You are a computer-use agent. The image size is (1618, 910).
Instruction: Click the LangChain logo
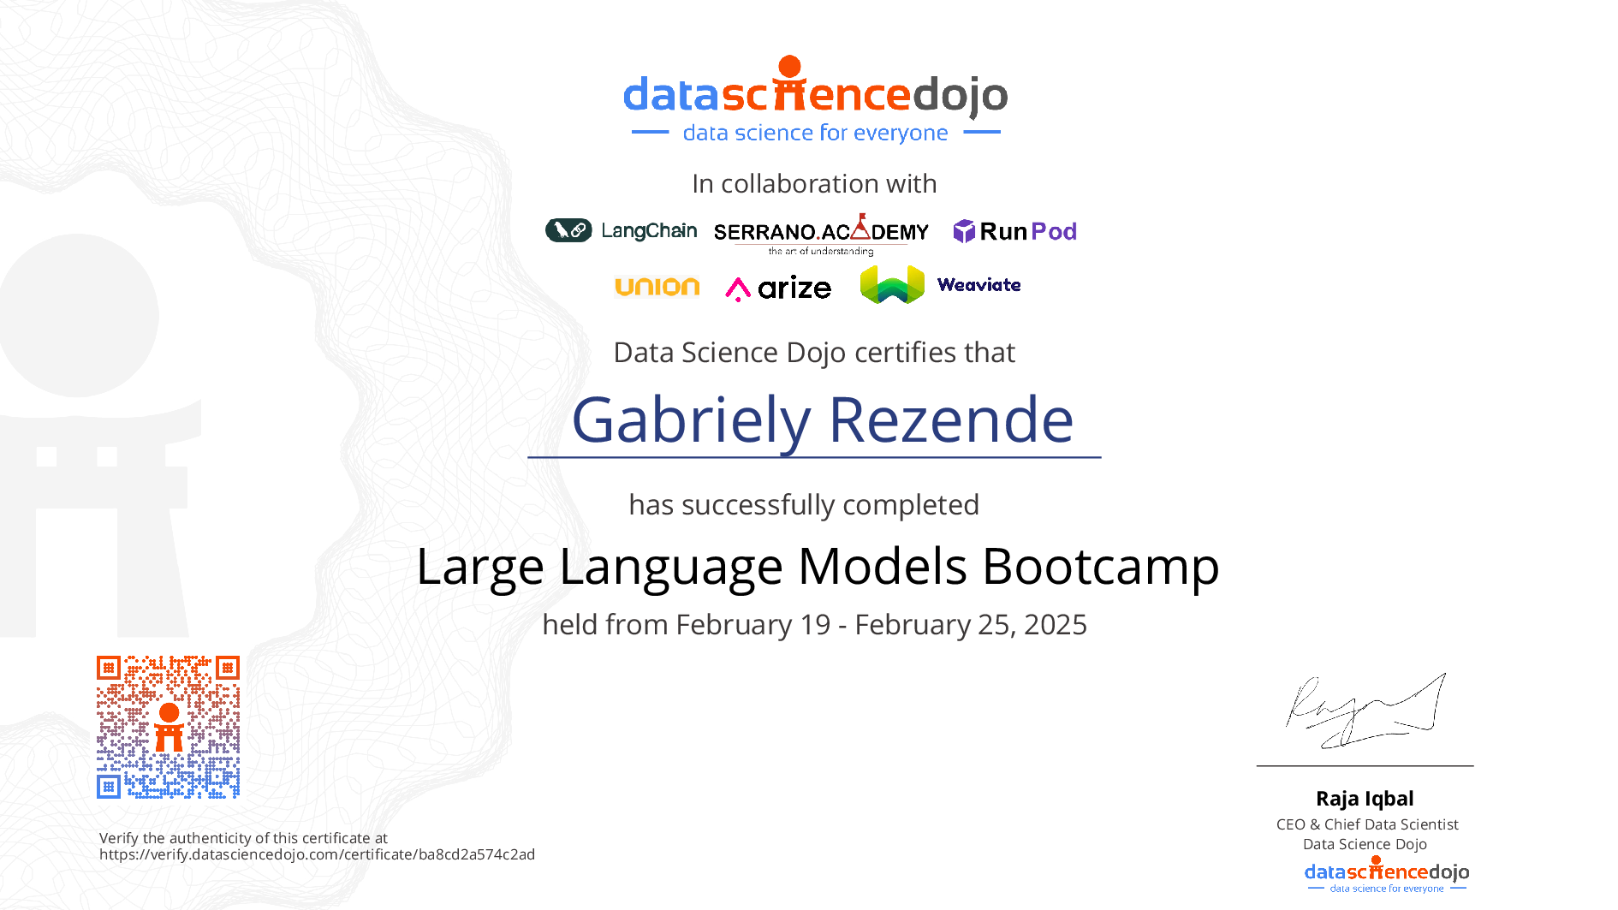pyautogui.click(x=622, y=230)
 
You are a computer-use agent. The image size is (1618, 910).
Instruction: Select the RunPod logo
pyautogui.click(x=1014, y=231)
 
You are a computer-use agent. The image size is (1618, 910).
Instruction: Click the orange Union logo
pyautogui.click(x=657, y=287)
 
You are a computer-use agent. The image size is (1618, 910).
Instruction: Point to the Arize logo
pyautogui.click(x=778, y=288)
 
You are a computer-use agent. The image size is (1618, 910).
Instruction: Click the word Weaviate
pyautogui.click(x=979, y=285)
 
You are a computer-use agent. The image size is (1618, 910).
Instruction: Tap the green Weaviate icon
pyautogui.click(x=892, y=284)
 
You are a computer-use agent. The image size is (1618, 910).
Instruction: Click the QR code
pyautogui.click(x=168, y=727)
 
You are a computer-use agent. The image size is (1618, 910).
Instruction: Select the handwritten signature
pyautogui.click(x=1365, y=711)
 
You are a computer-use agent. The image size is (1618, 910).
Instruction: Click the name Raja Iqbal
pyautogui.click(x=1365, y=799)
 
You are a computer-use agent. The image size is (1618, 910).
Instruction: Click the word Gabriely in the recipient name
pyautogui.click(x=691, y=421)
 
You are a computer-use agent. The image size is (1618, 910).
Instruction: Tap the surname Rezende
pyautogui.click(x=951, y=420)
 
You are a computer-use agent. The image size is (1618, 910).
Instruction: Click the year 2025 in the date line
pyautogui.click(x=1056, y=625)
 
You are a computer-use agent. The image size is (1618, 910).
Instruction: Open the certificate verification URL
pyautogui.click(x=317, y=854)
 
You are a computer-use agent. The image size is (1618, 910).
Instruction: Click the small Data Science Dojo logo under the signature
pyautogui.click(x=1387, y=874)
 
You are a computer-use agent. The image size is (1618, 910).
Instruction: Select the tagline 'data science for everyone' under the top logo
pyautogui.click(x=815, y=134)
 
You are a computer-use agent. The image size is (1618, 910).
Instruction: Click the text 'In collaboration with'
pyautogui.click(x=814, y=184)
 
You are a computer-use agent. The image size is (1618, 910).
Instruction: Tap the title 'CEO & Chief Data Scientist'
pyautogui.click(x=1367, y=824)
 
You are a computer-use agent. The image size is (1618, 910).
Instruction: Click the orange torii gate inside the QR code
pyautogui.click(x=169, y=728)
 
